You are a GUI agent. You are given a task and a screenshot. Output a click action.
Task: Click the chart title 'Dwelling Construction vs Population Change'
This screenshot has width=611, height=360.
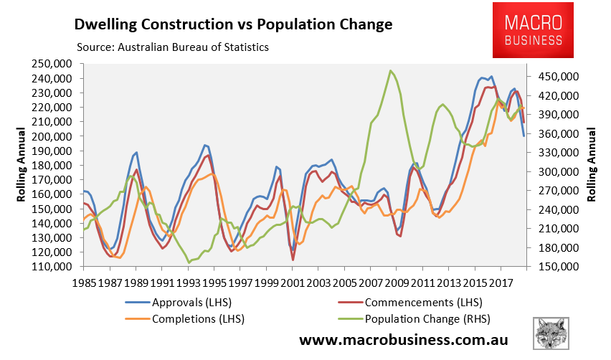(234, 24)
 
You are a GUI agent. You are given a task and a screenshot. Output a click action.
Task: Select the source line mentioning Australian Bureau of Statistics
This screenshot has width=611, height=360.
(172, 47)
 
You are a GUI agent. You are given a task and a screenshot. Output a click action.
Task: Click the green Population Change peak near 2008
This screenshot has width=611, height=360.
(390, 70)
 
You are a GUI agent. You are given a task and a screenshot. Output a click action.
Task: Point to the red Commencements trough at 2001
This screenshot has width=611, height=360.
(293, 260)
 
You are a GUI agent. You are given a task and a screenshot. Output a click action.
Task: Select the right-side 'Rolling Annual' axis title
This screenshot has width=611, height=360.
(592, 166)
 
